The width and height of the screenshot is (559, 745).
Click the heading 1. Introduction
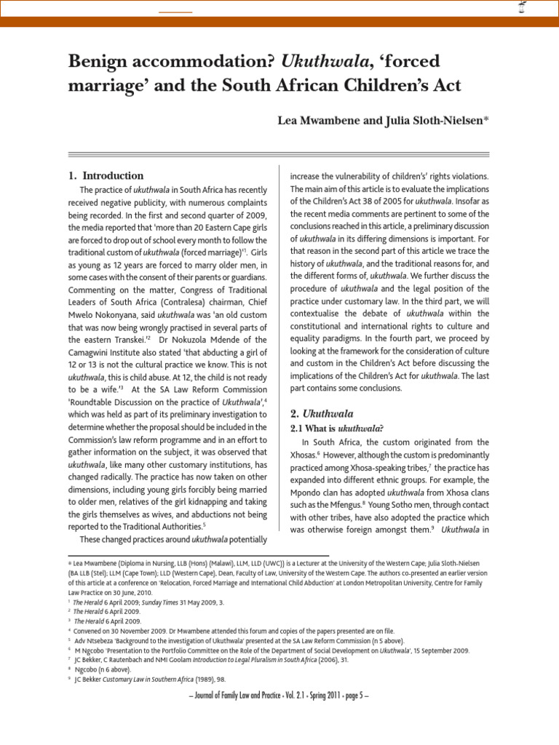106,175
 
